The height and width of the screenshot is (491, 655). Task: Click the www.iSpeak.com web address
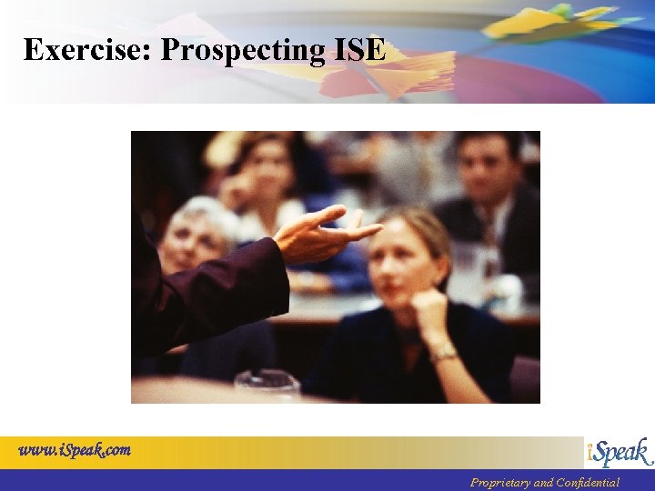coord(75,449)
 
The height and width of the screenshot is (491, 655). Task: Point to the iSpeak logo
coord(619,452)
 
